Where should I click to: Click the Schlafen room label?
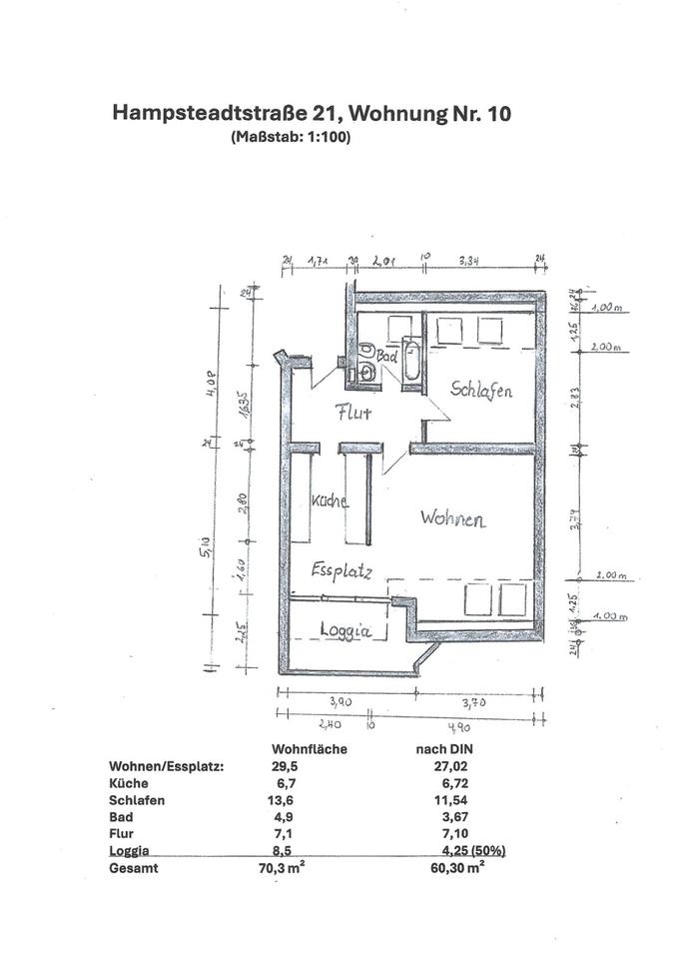click(481, 390)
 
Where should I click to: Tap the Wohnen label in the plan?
click(452, 518)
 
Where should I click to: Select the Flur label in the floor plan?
click(353, 412)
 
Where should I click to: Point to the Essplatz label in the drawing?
click(340, 572)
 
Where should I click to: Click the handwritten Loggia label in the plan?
click(345, 630)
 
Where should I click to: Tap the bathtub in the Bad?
click(411, 362)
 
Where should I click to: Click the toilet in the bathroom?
click(367, 372)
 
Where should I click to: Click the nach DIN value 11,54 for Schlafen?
click(439, 800)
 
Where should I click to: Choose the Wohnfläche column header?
click(309, 749)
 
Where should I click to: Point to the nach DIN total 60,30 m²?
click(450, 868)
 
